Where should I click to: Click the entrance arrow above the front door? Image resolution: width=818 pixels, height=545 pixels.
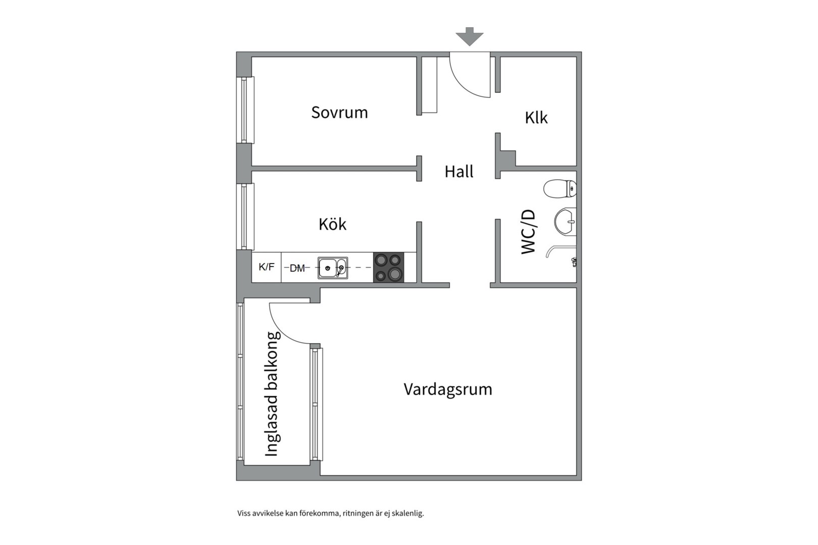[x=470, y=36]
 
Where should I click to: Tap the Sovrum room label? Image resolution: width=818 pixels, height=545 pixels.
[x=339, y=112]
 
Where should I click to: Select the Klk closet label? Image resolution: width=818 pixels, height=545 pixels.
[x=536, y=118]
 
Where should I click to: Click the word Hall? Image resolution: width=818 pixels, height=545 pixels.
[x=458, y=172]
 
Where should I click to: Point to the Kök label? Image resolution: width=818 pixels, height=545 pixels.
[x=332, y=224]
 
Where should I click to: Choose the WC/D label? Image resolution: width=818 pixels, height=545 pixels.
[x=528, y=232]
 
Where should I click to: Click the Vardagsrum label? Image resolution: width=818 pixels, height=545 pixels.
[x=448, y=389]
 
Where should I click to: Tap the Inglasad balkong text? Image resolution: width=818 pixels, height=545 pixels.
[x=272, y=394]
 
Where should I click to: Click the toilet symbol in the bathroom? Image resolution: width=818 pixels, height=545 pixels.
[x=560, y=189]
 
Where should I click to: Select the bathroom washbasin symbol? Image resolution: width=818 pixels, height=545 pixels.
[x=566, y=222]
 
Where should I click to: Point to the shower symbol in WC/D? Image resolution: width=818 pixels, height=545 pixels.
[x=560, y=251]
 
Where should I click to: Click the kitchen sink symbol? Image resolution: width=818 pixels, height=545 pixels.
[x=332, y=268]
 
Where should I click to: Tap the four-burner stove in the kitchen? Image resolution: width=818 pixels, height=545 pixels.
[x=388, y=267]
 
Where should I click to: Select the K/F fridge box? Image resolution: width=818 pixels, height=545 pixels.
[x=267, y=267]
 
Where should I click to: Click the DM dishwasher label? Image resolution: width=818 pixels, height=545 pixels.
[x=297, y=268]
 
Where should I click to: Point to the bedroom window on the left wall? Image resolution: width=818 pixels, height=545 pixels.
[x=246, y=110]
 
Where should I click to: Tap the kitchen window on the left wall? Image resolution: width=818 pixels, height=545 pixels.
[x=246, y=216]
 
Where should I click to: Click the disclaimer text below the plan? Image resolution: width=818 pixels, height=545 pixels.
[x=330, y=514]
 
